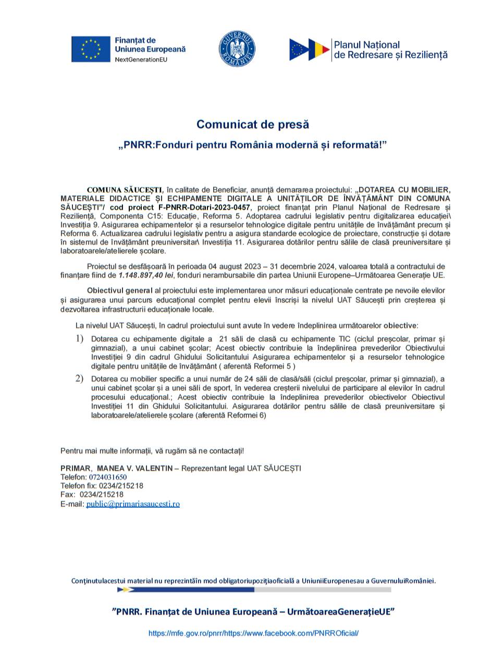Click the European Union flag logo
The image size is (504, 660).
(91, 50)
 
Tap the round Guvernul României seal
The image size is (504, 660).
(237, 50)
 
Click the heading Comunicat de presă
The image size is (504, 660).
(252, 125)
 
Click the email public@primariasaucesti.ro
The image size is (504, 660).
(133, 504)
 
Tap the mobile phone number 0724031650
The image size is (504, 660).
(108, 477)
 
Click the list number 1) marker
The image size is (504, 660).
(79, 339)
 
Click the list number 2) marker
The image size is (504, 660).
(79, 378)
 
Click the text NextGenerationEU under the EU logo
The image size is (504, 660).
(141, 60)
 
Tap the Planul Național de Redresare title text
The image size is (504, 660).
(390, 50)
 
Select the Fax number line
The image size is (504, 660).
(92, 494)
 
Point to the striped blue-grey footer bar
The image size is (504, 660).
(253, 590)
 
